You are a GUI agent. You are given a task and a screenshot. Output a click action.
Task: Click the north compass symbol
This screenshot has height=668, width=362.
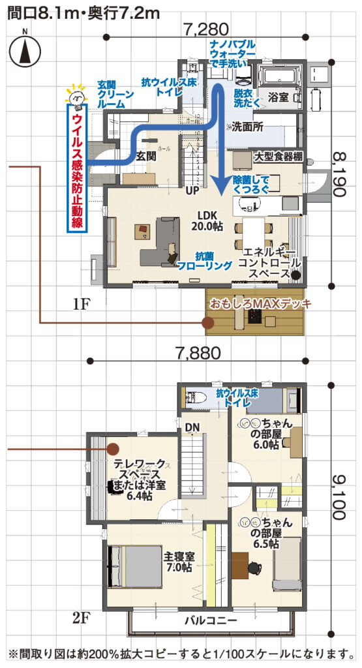(23, 50)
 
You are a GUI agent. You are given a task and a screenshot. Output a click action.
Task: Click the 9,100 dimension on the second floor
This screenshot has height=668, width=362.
(339, 496)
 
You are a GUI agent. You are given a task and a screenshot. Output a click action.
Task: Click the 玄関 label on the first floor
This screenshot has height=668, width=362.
(146, 157)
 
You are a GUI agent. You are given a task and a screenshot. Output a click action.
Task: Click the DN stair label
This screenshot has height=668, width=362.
(192, 428)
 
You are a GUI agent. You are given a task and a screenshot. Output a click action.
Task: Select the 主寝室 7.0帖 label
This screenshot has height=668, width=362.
(178, 562)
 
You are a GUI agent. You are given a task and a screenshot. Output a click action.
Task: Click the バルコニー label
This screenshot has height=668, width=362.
(210, 620)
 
